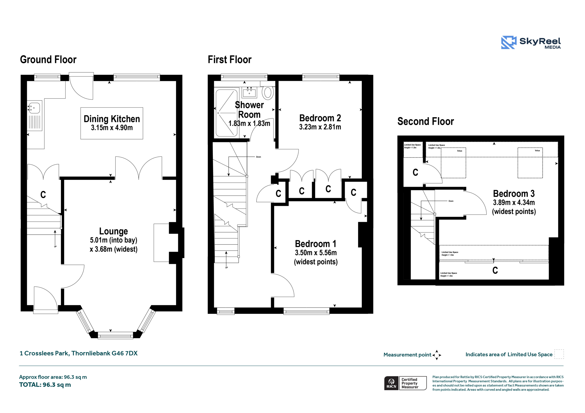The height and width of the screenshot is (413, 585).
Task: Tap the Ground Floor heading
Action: pyautogui.click(x=48, y=60)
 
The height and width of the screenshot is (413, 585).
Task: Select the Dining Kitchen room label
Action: pyautogui.click(x=112, y=119)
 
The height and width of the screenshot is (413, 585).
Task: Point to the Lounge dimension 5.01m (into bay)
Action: pyautogui.click(x=113, y=240)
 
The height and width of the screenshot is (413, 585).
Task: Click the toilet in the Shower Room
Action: pyautogui.click(x=268, y=93)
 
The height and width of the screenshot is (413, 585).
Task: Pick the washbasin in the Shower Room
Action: pyautogui.click(x=250, y=92)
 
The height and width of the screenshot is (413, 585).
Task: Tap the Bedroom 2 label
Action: pyautogui.click(x=320, y=118)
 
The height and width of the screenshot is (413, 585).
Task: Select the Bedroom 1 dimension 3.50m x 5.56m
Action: pyautogui.click(x=316, y=253)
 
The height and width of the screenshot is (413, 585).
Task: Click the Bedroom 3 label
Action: pyautogui.click(x=514, y=194)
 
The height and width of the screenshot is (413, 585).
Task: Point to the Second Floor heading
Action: pyautogui.click(x=425, y=121)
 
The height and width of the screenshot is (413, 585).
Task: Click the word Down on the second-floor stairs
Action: pyautogui.click(x=451, y=201)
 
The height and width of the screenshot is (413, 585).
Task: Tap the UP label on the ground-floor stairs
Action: pyautogui.click(x=55, y=247)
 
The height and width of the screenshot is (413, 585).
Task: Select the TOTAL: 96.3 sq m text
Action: pyautogui.click(x=45, y=385)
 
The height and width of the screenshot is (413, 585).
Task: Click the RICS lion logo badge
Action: pyautogui.click(x=391, y=383)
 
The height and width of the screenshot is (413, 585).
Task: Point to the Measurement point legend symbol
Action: pyautogui.click(x=437, y=355)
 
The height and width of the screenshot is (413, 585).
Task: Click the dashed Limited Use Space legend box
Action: pyautogui.click(x=559, y=354)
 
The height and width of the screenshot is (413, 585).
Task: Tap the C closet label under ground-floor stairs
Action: pyautogui.click(x=43, y=195)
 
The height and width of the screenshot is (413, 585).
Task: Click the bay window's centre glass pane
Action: pyautogui.click(x=115, y=336)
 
